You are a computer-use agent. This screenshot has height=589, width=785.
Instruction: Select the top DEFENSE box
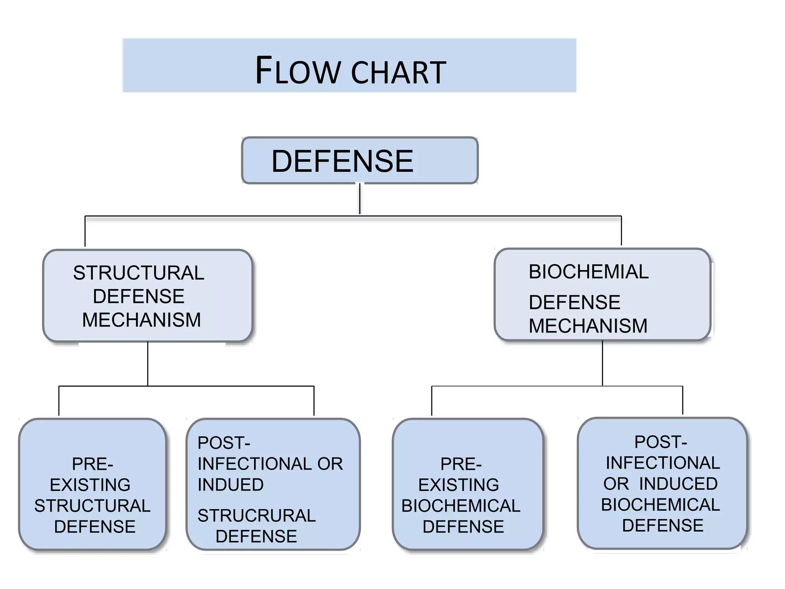[360, 161]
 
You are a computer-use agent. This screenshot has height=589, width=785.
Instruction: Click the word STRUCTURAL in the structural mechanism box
[139, 273]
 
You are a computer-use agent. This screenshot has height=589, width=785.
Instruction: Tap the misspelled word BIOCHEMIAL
[588, 272]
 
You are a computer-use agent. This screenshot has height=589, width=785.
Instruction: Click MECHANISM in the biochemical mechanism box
[588, 326]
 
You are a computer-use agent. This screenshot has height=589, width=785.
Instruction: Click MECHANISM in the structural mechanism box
[141, 320]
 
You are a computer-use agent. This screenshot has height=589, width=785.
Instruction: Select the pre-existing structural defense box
[92, 484]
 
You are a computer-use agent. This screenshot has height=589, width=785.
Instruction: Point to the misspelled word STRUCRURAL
[256, 516]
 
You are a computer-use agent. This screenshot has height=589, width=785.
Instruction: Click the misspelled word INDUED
[231, 485]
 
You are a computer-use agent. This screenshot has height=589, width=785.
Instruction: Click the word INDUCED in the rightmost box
[678, 484]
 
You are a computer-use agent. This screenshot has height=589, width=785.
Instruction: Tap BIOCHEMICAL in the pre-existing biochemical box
[461, 506]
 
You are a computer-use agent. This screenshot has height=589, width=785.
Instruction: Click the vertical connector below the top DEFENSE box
[360, 199]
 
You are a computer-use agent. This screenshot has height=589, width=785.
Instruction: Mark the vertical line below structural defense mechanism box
[148, 364]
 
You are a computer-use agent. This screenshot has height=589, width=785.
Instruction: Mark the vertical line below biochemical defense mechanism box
[602, 363]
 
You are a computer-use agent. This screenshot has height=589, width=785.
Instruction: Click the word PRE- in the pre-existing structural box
[92, 464]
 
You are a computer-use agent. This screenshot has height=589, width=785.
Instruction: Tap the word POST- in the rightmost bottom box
[660, 442]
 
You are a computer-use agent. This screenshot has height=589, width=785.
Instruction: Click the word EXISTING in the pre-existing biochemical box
[458, 485]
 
